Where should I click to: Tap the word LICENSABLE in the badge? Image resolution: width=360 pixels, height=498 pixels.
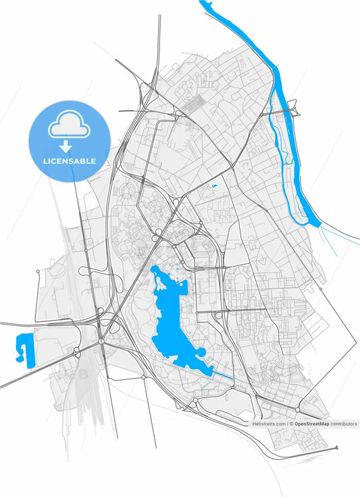tap(69, 162)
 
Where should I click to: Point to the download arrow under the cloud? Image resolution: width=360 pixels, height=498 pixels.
tap(66, 145)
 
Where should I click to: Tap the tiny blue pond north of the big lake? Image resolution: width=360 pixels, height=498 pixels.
tap(214, 187)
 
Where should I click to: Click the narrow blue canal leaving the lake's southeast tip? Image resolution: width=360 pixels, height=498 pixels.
tap(223, 374)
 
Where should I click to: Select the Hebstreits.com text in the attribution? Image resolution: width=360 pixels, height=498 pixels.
tap(269, 424)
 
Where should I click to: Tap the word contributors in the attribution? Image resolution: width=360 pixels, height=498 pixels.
tap(343, 424)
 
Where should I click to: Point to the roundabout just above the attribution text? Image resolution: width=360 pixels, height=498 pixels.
tap(297, 409)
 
